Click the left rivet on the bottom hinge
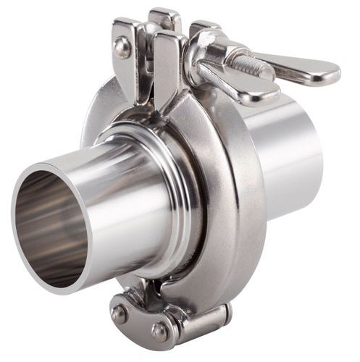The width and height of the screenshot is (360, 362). tap(119, 313)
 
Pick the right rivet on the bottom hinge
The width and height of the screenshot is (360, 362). tap(159, 331)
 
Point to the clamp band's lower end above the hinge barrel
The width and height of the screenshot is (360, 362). tap(196, 290)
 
